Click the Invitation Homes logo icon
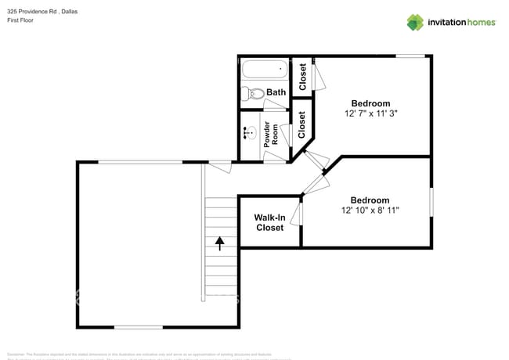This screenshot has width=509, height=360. pyautogui.click(x=415, y=22)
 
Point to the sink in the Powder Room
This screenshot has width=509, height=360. pyautogui.click(x=251, y=134)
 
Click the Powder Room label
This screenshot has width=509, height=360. pyautogui.click(x=272, y=135)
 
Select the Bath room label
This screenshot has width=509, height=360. pyautogui.click(x=276, y=92)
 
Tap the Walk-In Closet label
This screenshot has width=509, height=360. pyautogui.click(x=270, y=222)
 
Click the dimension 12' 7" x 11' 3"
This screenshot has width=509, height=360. pyautogui.click(x=370, y=113)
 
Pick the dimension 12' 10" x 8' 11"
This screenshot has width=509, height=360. pyautogui.click(x=370, y=211)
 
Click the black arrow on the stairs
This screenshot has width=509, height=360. pyautogui.click(x=220, y=242)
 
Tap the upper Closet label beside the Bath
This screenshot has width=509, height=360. pyautogui.click(x=302, y=77)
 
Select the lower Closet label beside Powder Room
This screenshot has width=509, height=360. pyautogui.click(x=301, y=125)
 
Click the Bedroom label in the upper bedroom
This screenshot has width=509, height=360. pyautogui.click(x=370, y=103)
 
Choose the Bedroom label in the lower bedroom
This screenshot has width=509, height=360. pyautogui.click(x=370, y=200)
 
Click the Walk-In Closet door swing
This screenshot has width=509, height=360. pyautogui.click(x=297, y=214)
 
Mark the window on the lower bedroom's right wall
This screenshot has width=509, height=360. pyautogui.click(x=431, y=201)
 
